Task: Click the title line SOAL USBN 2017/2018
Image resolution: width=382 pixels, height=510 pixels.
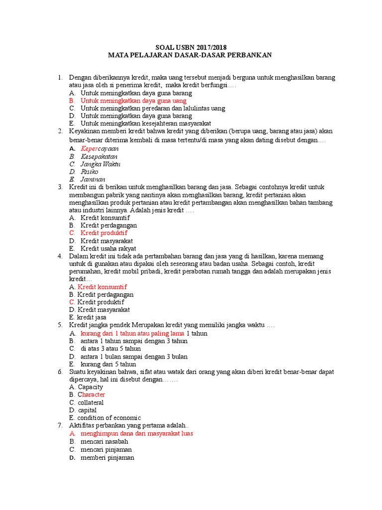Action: click(x=191, y=47)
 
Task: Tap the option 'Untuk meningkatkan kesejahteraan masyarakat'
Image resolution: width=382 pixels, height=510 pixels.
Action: click(x=146, y=123)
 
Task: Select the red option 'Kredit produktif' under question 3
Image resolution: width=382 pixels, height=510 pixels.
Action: click(x=104, y=233)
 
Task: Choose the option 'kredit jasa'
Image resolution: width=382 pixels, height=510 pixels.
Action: click(x=92, y=317)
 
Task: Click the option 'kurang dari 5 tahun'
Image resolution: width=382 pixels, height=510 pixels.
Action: click(x=108, y=364)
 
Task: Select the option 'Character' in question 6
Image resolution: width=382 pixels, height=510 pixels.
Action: click(x=91, y=394)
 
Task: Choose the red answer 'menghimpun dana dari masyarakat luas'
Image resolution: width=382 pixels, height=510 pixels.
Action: click(x=136, y=433)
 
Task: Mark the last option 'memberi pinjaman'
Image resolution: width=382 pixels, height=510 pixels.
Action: click(x=107, y=457)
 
